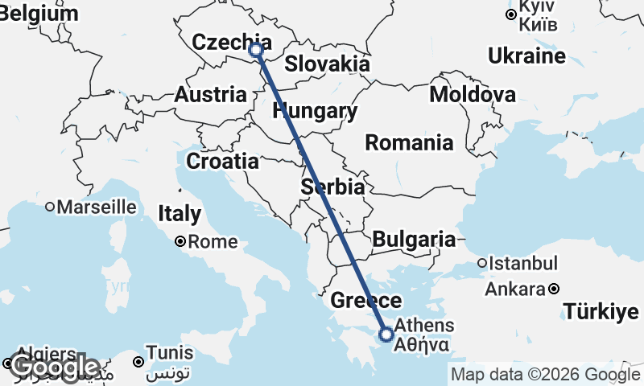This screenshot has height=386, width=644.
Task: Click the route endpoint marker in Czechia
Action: pos(256,50)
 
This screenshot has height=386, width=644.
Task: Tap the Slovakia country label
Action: pos(327,64)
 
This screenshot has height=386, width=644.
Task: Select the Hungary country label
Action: pos(315,111)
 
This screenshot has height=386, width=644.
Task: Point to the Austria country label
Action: pos(211,94)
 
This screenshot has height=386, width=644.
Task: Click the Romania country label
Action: pos(409,143)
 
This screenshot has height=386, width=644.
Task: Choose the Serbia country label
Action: pos(332,187)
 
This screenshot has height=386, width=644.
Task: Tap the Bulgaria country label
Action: pos(414,239)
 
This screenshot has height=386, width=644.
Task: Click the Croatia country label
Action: pos(222,162)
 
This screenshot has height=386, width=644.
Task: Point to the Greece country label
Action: pos(367,302)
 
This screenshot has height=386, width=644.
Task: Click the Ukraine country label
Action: pos(527,56)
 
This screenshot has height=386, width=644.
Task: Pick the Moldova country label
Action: pos(473,95)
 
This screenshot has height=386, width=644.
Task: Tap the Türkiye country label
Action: pos(601,311)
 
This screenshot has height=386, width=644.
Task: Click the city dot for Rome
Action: pos(181,241)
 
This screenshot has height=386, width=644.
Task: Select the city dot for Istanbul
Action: pos(482,263)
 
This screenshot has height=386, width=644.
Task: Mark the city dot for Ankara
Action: pos(554,289)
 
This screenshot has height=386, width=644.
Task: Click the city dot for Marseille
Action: pos(50,207)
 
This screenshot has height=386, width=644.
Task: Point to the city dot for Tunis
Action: pos(140,361)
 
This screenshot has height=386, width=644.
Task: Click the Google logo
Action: pos(55,368)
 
